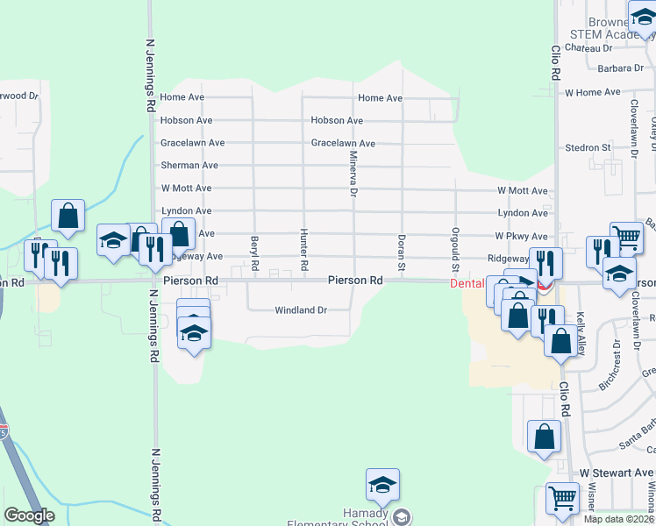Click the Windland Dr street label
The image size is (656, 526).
(301, 310)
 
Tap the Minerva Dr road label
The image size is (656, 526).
(353, 173)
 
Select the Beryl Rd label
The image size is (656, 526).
(255, 252)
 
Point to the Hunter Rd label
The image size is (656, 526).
(303, 248)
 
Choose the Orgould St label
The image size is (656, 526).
(455, 249)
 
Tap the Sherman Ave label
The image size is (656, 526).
(189, 165)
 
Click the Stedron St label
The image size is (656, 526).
(588, 148)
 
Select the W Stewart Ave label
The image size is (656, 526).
(617, 473)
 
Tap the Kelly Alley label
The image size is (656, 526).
(581, 336)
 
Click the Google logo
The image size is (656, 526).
(29, 515)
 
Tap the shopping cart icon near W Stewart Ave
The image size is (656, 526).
(562, 498)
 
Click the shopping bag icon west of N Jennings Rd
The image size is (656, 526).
(68, 216)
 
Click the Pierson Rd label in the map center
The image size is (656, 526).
(355, 281)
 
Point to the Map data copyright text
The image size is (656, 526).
(618, 519)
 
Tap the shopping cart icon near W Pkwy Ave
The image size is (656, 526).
(626, 237)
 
